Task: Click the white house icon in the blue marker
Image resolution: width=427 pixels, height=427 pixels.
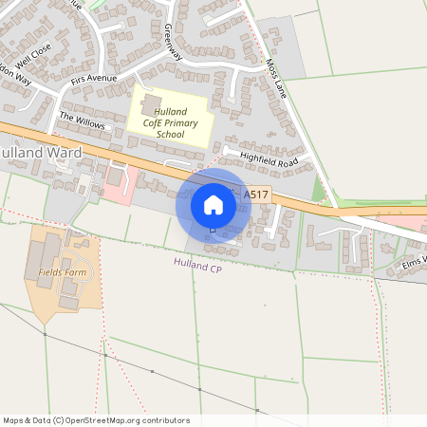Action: point(213,204)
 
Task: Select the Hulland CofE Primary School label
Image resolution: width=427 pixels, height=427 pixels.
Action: point(171,123)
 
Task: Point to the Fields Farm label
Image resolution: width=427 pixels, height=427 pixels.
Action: point(63,272)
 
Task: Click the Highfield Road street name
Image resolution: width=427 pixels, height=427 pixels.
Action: point(269,160)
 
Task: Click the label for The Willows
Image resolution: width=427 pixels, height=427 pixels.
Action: point(80,119)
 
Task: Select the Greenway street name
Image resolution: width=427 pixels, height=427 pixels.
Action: point(172,43)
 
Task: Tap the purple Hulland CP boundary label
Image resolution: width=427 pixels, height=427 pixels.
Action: point(197,266)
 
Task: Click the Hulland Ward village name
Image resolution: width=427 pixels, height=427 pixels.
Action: point(42,152)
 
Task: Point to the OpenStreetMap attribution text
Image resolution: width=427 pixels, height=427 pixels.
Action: point(96,419)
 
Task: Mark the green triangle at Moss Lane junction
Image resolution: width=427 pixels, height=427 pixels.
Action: point(318,193)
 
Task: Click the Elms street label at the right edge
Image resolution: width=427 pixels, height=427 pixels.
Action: point(414,258)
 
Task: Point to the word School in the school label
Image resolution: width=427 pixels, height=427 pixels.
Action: point(171,135)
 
